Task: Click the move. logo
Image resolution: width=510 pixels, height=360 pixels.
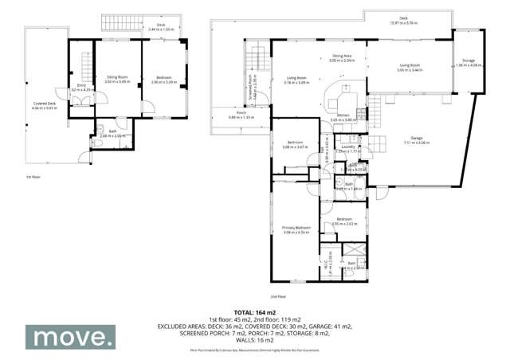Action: pyautogui.click(x=69, y=338)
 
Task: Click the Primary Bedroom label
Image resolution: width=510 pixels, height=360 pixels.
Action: pyautogui.click(x=296, y=227)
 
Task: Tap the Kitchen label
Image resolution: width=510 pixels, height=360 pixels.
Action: pyautogui.click(x=341, y=115)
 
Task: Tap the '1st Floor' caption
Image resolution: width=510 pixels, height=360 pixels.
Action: pyautogui.click(x=33, y=176)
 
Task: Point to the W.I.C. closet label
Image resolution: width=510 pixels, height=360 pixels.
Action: pyautogui.click(x=330, y=260)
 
